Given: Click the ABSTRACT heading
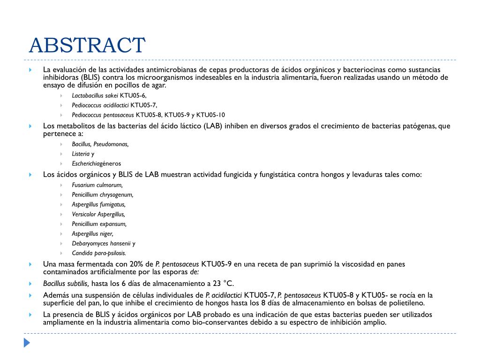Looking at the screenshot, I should coord(87,45).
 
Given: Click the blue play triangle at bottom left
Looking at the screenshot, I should coord(27,343).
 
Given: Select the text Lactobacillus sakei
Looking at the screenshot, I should coord(95,95).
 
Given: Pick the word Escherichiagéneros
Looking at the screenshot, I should coord(96,164).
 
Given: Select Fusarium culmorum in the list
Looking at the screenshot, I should coord(97,185).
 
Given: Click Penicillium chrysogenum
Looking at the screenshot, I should coord(102,195).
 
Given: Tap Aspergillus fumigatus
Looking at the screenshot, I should coord(98,204).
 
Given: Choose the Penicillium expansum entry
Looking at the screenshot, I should coord(99,224).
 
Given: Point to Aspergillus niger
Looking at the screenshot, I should coord(92,233).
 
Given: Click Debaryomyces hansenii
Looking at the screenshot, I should coord(101,243).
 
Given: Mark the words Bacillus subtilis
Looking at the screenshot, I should coord(66,283).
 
